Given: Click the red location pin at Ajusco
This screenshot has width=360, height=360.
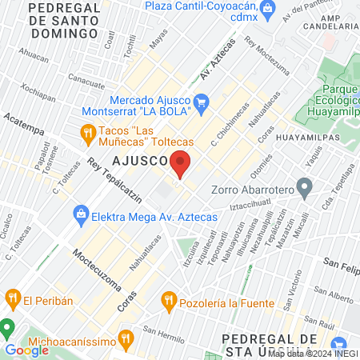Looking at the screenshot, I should [181, 163].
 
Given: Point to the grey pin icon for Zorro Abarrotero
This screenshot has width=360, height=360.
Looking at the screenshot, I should [303, 190].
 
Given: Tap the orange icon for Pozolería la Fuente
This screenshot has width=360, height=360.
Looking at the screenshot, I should [168, 301].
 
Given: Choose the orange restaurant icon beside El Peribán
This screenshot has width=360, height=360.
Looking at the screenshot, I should [11, 300].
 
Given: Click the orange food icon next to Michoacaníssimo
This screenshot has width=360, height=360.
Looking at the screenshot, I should [125, 338].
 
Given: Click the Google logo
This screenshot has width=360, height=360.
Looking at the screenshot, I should [26, 350].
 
